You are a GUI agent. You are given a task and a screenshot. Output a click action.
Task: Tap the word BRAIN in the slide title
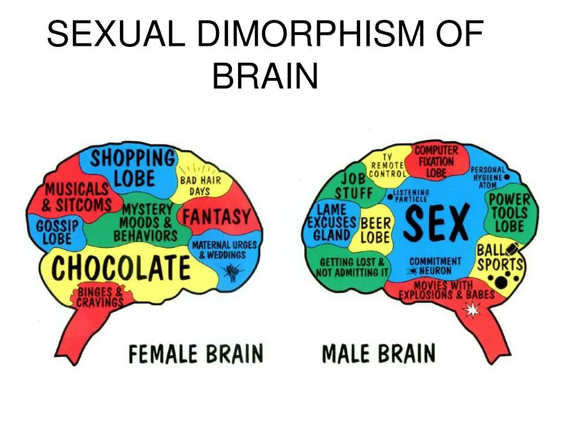(265, 76)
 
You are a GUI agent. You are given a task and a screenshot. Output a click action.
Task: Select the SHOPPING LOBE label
(133, 168)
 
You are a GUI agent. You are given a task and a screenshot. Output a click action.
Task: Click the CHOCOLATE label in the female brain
(121, 268)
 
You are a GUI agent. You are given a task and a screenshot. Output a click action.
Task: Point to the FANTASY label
(215, 216)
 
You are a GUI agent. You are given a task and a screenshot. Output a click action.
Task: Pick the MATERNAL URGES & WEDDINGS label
(224, 250)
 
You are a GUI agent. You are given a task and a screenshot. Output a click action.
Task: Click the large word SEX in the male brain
(436, 223)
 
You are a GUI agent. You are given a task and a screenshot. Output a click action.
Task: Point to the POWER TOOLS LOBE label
(509, 213)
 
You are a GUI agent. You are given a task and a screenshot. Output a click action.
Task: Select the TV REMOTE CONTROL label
(387, 165)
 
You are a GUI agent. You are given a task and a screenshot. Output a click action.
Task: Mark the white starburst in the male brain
(471, 310)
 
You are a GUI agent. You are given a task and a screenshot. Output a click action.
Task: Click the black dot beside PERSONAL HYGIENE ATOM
(507, 177)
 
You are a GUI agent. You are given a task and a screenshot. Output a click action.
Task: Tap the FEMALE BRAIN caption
(196, 354)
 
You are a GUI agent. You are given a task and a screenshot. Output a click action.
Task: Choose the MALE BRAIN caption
(378, 354)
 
